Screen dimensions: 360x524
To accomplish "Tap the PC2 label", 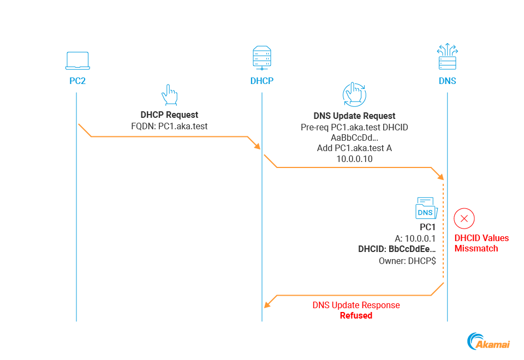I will pyautogui.click(x=76, y=81).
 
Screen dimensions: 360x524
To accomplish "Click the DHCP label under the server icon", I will pyautogui.click(x=261, y=81).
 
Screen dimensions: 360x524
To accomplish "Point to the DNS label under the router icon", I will pyautogui.click(x=448, y=81).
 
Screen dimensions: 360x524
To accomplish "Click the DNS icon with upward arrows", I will pyautogui.click(x=448, y=57).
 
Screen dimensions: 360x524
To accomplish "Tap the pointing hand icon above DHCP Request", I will pyautogui.click(x=169, y=95).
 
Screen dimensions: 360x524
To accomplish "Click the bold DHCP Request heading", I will pyautogui.click(x=169, y=115).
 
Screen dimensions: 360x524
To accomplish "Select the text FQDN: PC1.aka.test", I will pyautogui.click(x=169, y=126).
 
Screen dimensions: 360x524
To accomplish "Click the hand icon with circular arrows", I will pyautogui.click(x=354, y=94).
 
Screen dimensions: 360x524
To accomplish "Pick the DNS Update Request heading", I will pyautogui.click(x=354, y=116).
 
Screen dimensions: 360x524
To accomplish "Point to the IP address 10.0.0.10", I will pyautogui.click(x=354, y=158).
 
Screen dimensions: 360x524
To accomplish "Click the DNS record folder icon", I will pyautogui.click(x=425, y=208).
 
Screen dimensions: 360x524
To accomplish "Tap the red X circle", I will pyautogui.click(x=465, y=219).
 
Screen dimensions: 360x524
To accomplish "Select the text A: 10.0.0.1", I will pyautogui.click(x=415, y=238).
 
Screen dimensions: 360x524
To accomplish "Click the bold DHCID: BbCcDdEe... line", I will pyautogui.click(x=397, y=249).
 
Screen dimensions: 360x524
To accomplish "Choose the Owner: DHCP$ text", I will pyautogui.click(x=407, y=261).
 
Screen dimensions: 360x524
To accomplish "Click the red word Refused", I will pyautogui.click(x=356, y=315).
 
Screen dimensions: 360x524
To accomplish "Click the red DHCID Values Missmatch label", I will pyautogui.click(x=481, y=243).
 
